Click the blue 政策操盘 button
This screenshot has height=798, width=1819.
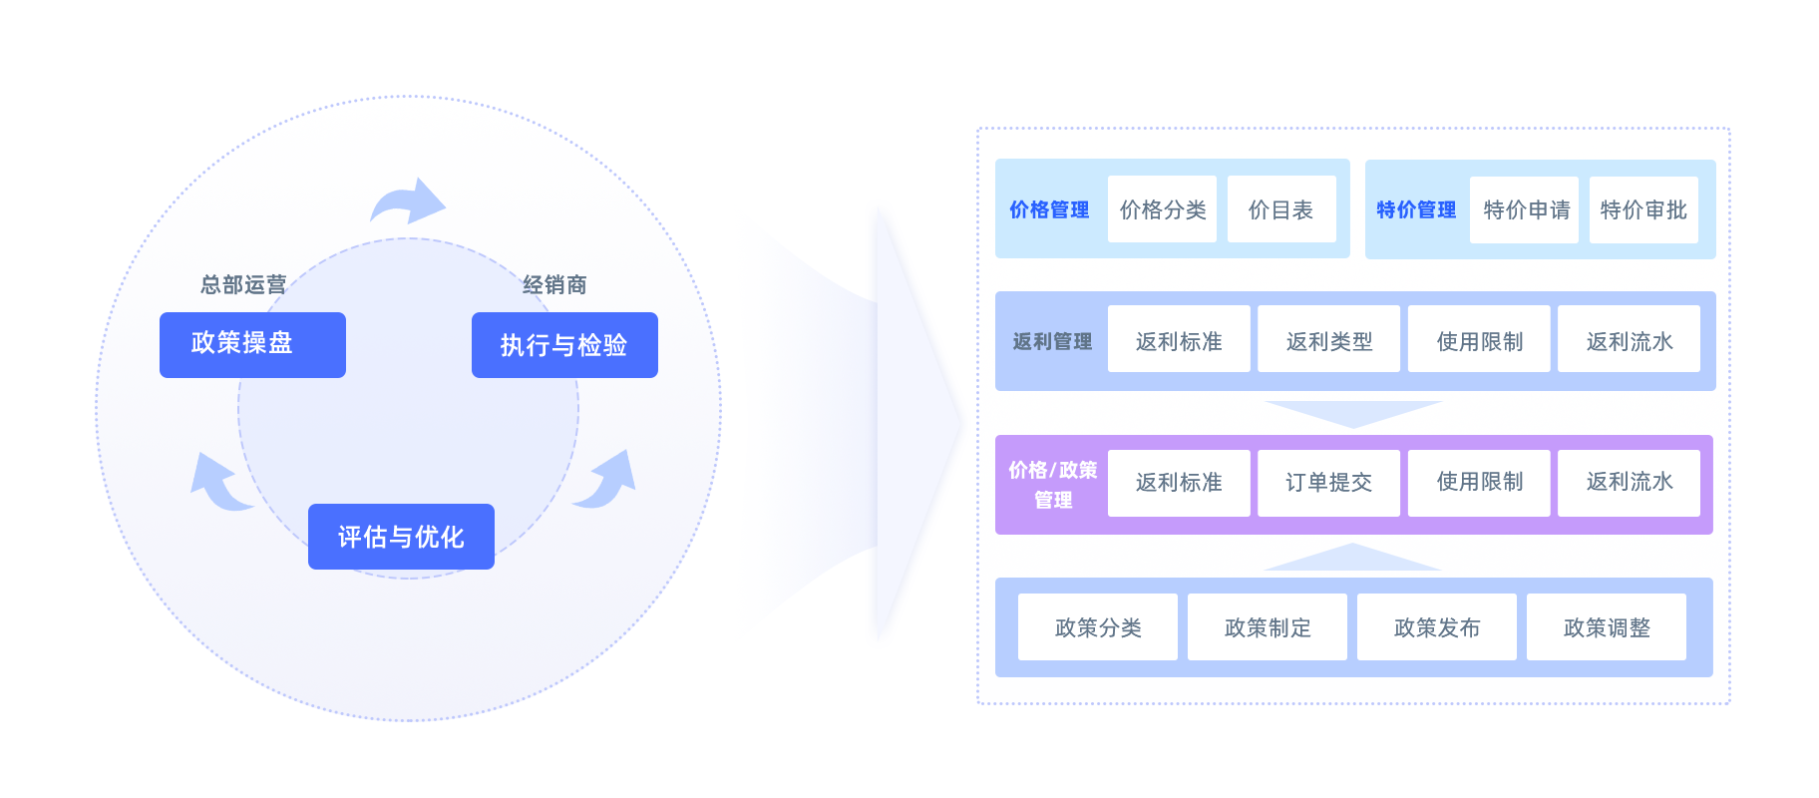coord(252,344)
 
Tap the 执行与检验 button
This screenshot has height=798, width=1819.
coord(564,345)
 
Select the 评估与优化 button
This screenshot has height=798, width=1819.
coord(401,537)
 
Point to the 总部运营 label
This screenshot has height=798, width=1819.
coord(243,285)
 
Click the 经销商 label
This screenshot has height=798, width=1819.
coord(554,285)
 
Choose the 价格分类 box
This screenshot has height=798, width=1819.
coord(1162,209)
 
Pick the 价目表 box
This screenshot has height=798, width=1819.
coord(1281,209)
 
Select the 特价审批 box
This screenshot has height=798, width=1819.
coord(1643,209)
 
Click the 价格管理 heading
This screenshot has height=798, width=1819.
coord(1049,209)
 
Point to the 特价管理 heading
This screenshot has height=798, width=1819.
coord(1416,209)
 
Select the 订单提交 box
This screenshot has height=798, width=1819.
coord(1328,483)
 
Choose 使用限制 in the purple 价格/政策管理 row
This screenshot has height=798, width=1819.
coord(1479,483)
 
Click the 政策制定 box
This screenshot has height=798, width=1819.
coord(1267,627)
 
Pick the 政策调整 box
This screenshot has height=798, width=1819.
coord(1606,627)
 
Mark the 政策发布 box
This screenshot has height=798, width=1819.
coord(1436,627)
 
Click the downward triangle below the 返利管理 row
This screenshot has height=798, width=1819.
coord(1353,412)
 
